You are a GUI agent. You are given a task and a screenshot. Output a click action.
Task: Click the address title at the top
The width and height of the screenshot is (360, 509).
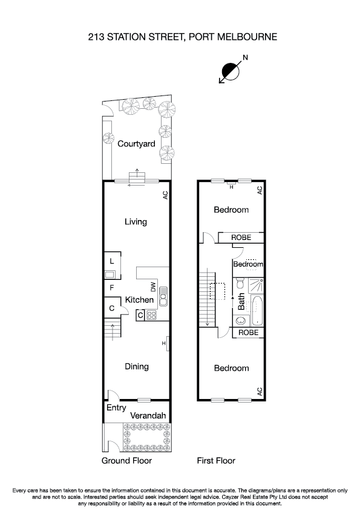click(180, 37)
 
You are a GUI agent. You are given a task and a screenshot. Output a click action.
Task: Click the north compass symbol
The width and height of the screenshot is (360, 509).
click(231, 70)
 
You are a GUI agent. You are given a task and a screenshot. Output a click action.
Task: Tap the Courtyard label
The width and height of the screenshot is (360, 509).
click(136, 144)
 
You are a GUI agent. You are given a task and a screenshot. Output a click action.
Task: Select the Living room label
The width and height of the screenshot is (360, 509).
click(136, 222)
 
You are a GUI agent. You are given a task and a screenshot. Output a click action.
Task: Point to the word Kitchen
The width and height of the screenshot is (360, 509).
click(139, 300)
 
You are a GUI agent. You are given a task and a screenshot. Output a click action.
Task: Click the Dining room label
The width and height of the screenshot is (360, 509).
click(136, 366)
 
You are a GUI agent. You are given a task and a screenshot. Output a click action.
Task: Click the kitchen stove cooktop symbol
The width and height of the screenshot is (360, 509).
click(151, 314)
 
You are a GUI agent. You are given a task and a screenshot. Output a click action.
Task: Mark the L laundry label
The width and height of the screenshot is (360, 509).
click(113, 261)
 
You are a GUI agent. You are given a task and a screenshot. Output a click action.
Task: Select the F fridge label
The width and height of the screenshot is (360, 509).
click(112, 288)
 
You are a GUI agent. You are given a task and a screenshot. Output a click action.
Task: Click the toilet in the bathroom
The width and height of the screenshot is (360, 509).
click(240, 284)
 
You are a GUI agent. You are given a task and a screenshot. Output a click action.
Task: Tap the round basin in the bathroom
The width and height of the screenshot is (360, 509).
click(241, 320)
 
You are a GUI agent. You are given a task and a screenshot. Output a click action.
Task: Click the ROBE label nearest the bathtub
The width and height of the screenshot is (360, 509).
click(248, 332)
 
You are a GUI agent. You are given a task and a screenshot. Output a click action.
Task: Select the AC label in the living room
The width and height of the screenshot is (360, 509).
click(164, 195)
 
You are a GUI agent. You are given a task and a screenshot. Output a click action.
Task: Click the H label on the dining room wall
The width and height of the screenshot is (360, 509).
click(163, 344)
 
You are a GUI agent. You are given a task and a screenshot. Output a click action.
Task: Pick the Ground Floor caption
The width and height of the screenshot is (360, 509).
click(126, 461)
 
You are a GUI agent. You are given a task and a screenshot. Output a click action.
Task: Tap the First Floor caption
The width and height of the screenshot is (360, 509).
click(216, 461)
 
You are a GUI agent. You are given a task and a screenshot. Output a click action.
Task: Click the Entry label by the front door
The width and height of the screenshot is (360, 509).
click(116, 408)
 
